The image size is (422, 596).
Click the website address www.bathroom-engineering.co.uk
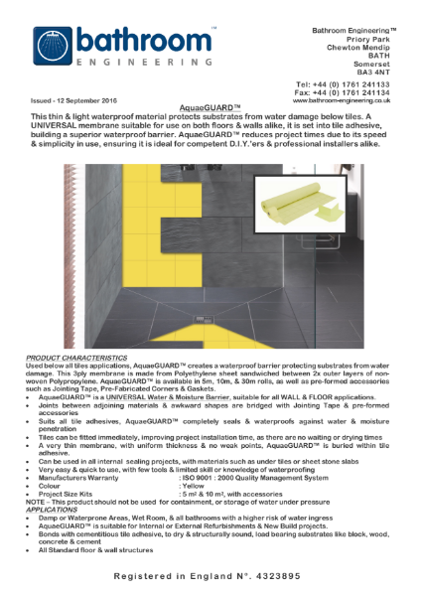(342, 100)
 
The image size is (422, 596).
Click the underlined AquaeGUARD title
(211, 108)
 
